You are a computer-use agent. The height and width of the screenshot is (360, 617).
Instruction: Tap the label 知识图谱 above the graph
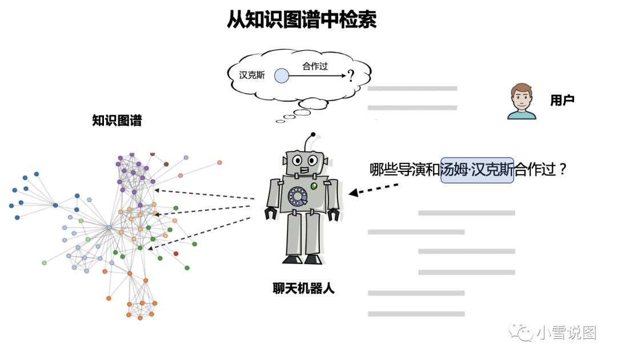pos(117,121)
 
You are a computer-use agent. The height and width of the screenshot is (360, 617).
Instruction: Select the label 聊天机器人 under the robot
pos(303,289)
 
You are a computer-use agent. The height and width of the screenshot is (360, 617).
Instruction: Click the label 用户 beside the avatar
pos(562,101)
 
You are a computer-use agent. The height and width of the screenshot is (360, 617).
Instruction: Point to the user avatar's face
pos(522,98)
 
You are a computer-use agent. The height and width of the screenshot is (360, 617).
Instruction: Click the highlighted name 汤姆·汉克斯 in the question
pos(477,170)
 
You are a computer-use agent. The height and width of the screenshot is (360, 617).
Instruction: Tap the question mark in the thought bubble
pos(351,75)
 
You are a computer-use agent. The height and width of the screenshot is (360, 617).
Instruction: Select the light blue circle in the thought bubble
pos(281,75)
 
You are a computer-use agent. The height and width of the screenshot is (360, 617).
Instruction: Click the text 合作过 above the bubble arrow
pos(315,66)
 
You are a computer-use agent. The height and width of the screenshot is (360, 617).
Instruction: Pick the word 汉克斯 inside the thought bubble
pos(252,75)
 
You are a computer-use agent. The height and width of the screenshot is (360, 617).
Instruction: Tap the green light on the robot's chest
pos(314,186)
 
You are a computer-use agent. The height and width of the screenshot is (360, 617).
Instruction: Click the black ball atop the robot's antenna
pos(313,134)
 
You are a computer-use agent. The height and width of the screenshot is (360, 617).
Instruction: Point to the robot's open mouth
pos(304,170)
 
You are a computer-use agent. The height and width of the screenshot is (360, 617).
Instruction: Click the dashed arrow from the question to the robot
pos(374,189)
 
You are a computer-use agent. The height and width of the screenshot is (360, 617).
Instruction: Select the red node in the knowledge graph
pos(176,253)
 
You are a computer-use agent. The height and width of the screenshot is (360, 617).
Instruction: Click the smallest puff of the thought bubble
pos(280,121)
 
